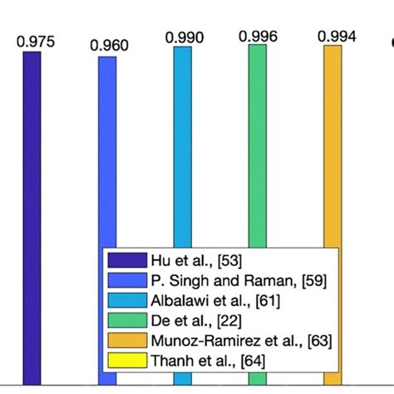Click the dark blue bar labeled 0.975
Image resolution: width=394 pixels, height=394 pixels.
[x=32, y=150]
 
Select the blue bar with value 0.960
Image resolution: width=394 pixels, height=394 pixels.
[x=107, y=150]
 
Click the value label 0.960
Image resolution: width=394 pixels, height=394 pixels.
[x=110, y=46]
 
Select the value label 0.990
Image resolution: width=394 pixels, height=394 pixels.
[x=185, y=37]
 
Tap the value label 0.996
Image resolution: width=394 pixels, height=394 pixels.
[x=259, y=36]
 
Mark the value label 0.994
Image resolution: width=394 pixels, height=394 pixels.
[x=336, y=37]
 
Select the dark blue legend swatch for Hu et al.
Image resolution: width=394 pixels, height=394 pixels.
[x=127, y=259]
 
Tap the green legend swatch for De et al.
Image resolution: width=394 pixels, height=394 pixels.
[x=127, y=319]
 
